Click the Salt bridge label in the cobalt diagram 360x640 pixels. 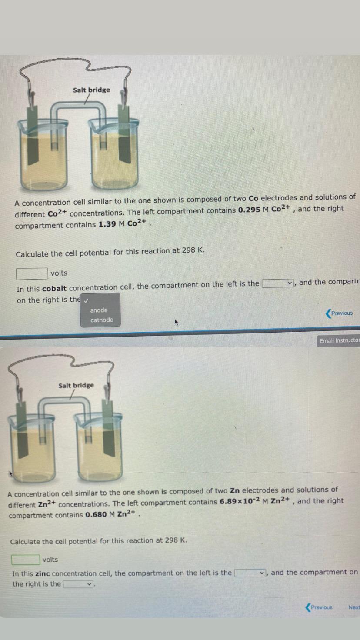[x=91, y=90]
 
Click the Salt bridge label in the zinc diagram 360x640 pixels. [x=76, y=385]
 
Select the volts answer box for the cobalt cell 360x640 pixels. [x=32, y=273]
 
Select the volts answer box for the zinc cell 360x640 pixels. [x=25, y=560]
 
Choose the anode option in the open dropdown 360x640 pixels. [x=99, y=310]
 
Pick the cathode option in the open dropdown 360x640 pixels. [x=102, y=320]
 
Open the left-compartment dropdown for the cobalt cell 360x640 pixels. [x=278, y=283]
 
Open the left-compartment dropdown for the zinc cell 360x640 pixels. [x=251, y=573]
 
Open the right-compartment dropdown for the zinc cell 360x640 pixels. [x=79, y=584]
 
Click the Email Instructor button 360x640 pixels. [x=340, y=340]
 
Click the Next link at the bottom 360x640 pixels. [x=354, y=607]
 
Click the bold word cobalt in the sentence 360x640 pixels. [x=54, y=288]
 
